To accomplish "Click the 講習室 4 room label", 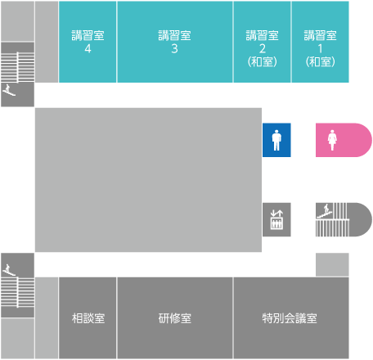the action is click(x=88, y=42).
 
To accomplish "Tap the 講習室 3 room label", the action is click(x=174, y=42).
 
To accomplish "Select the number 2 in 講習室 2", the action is click(x=263, y=49).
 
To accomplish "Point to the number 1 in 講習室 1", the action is click(x=320, y=49).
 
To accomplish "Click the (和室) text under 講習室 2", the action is click(x=263, y=62).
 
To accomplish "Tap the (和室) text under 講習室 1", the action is click(x=320, y=62).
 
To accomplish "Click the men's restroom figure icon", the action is click(x=276, y=140).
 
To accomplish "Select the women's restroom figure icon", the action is click(x=332, y=140).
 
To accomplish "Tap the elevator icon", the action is click(x=276, y=219).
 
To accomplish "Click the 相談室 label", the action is click(x=88, y=318).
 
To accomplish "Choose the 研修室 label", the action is click(x=175, y=318).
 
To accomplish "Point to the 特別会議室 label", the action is click(x=290, y=318).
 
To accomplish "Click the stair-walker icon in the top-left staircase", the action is click(x=9, y=90).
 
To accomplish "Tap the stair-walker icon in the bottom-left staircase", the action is click(x=9, y=270).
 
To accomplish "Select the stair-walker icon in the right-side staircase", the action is click(x=325, y=211).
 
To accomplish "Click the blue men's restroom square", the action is click(x=276, y=140).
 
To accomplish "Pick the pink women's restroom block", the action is click(x=344, y=140).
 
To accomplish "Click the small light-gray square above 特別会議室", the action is click(x=332, y=264).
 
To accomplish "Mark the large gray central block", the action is click(x=148, y=180).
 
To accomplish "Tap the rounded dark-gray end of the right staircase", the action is click(x=360, y=219).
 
